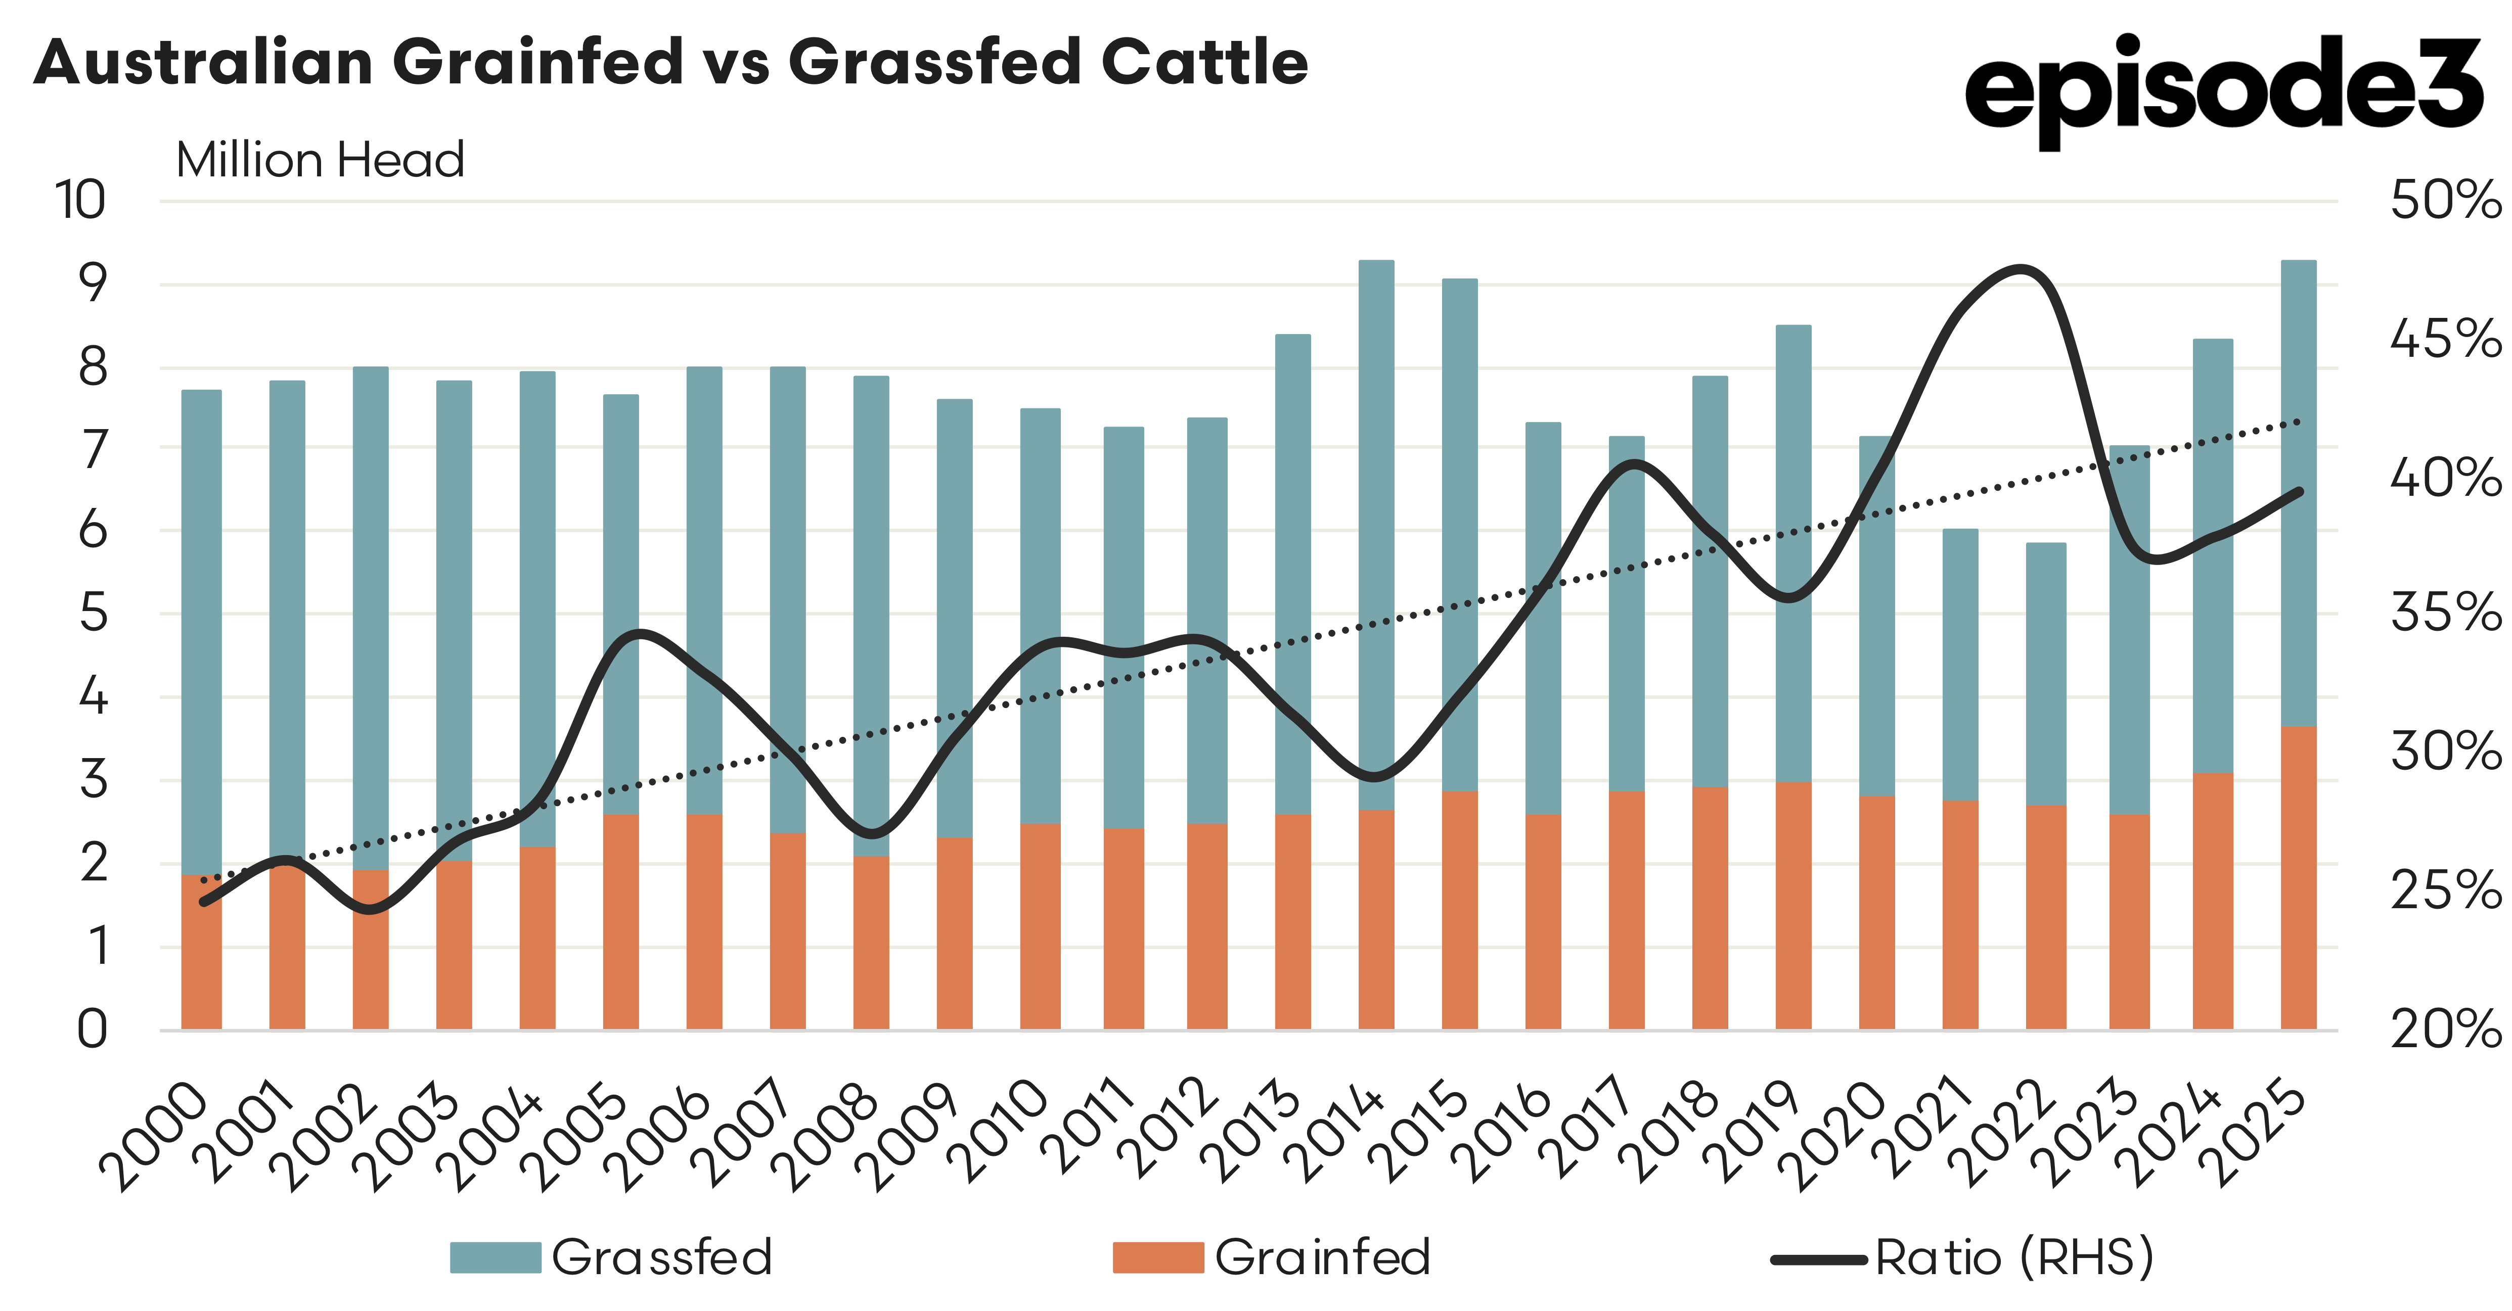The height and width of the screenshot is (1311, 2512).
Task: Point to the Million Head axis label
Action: tap(320, 160)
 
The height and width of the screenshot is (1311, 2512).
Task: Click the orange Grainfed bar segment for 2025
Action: tap(2299, 877)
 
